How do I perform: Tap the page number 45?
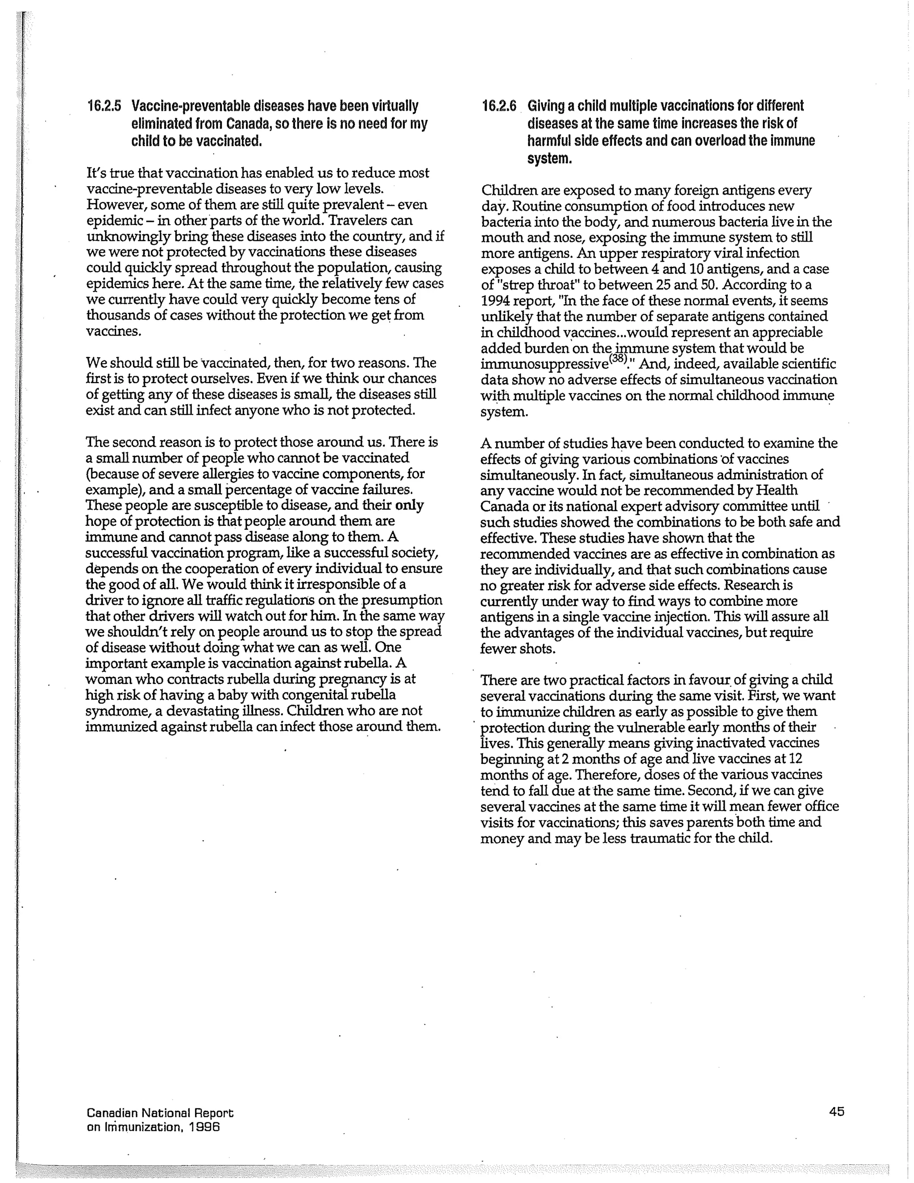pos(836,1112)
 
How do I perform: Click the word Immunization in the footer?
pos(140,1127)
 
